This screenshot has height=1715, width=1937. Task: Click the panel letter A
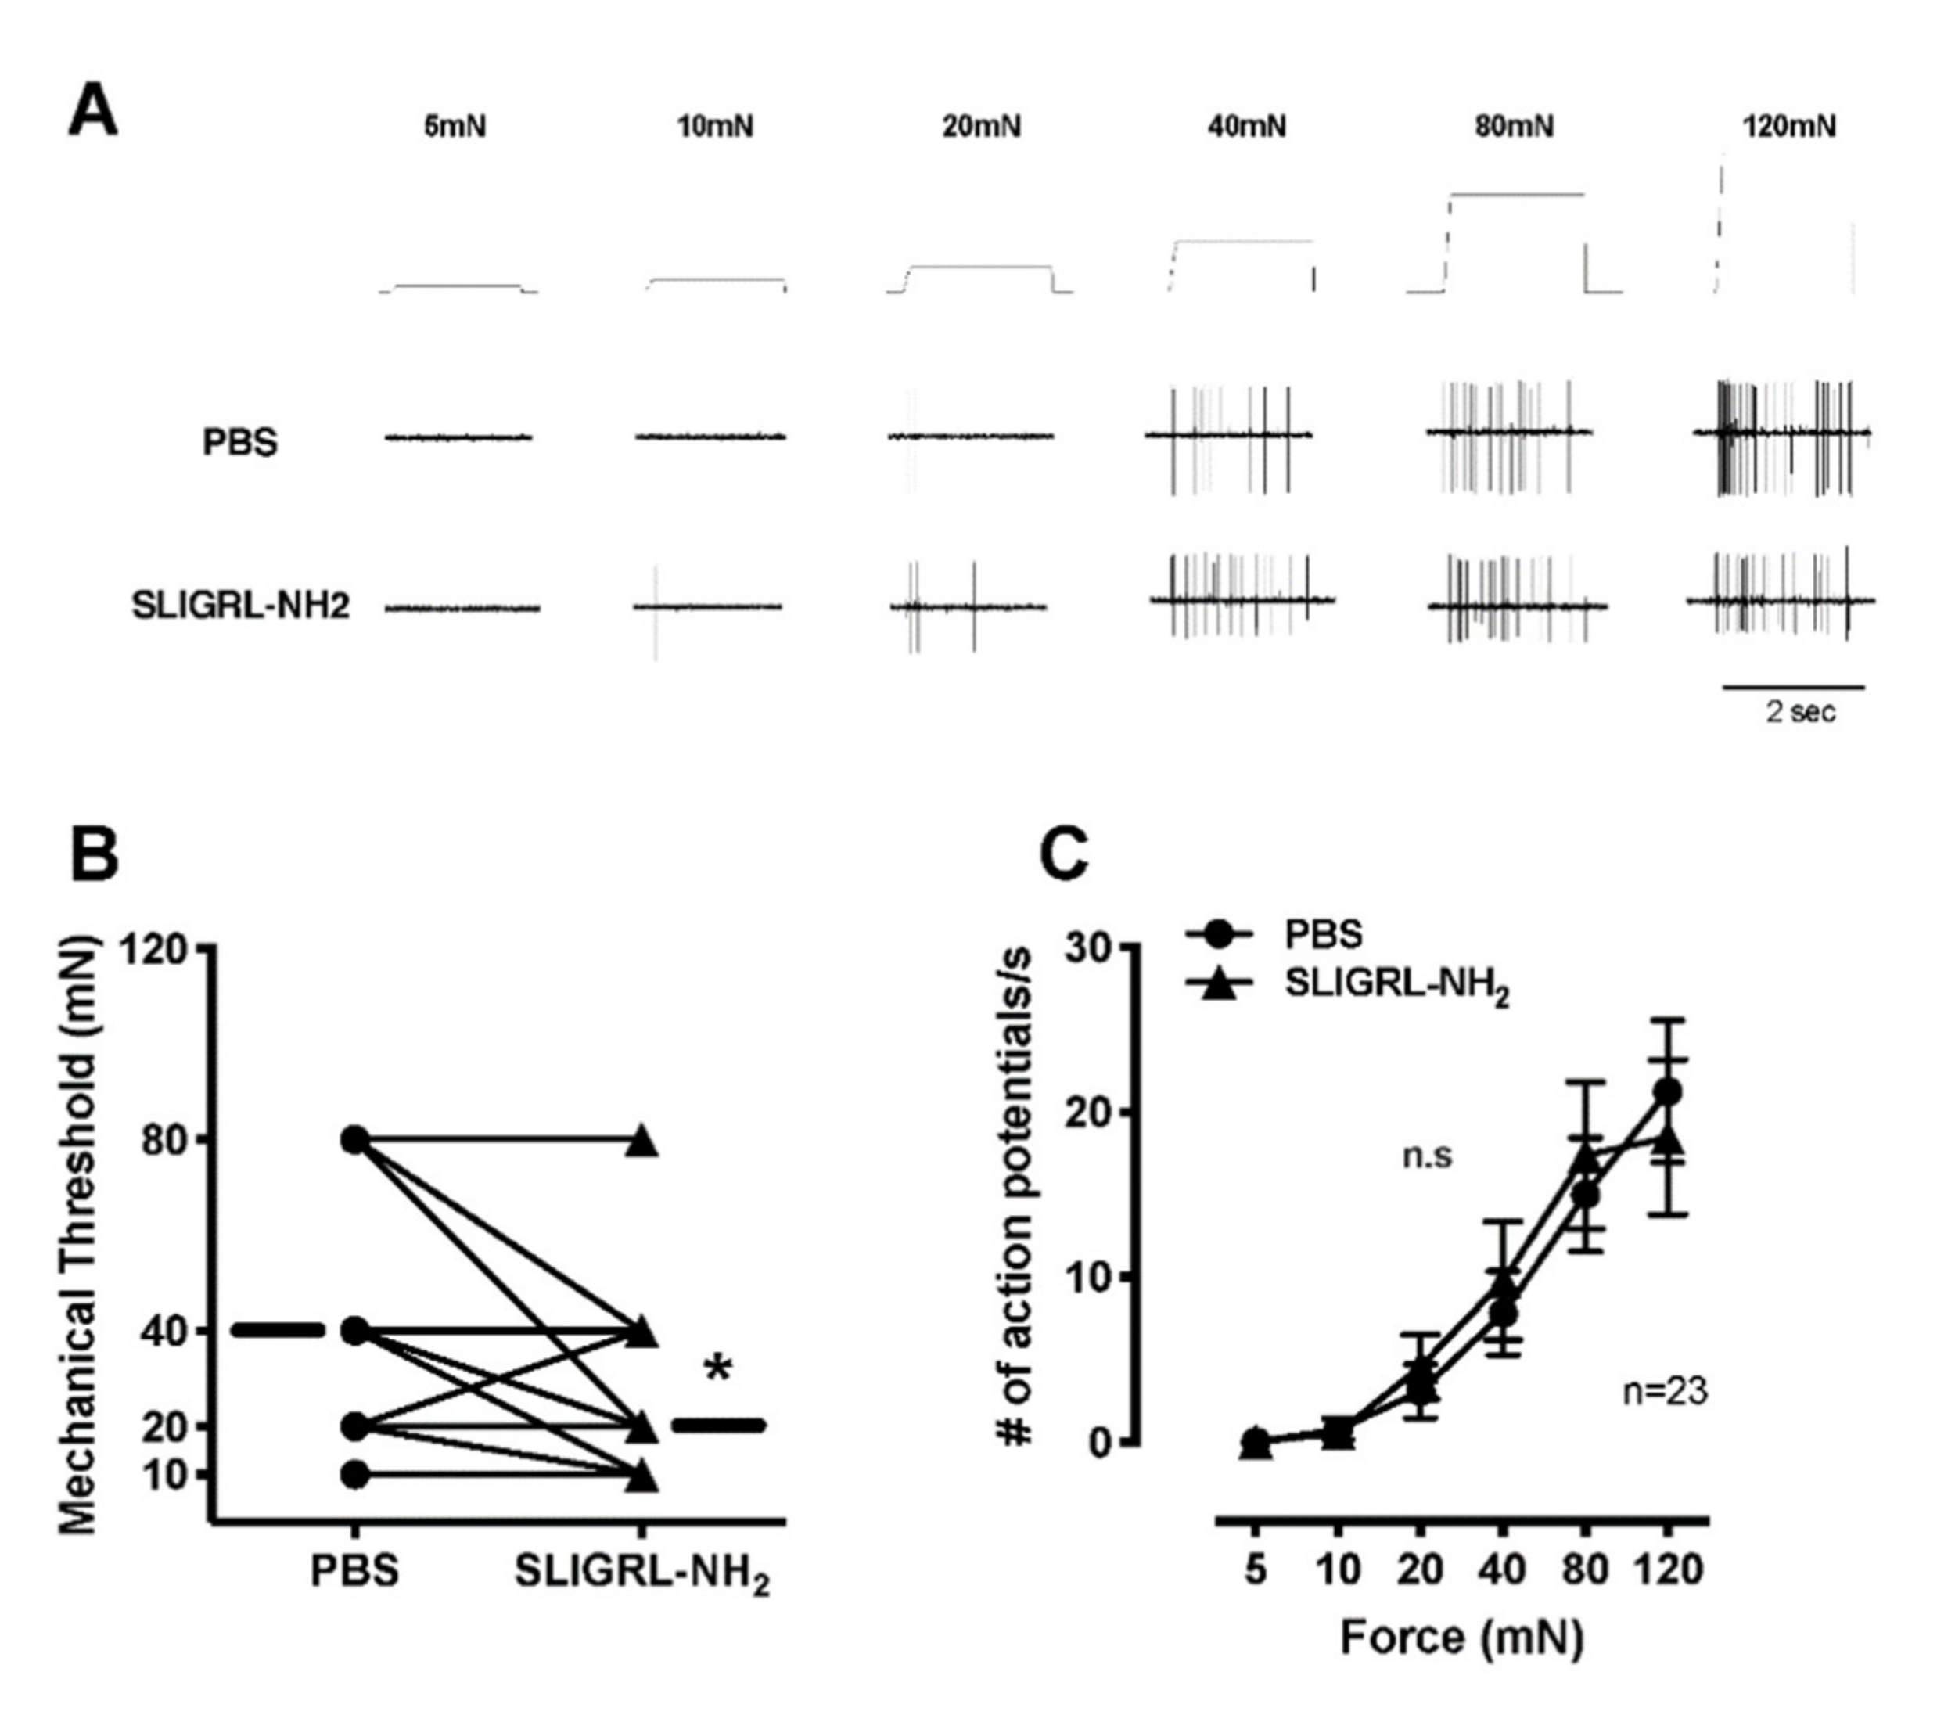[94, 112]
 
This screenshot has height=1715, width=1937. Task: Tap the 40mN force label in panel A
[1247, 126]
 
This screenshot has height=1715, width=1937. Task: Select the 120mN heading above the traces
[1788, 126]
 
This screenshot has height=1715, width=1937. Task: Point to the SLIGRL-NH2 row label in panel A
[241, 606]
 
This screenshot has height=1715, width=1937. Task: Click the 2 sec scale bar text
[1799, 711]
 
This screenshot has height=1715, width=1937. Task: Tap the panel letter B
[95, 854]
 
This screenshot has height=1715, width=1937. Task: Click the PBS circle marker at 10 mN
[355, 1474]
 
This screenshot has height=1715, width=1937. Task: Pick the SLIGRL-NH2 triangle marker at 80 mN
[642, 1142]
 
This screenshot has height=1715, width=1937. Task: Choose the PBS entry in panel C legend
[1323, 934]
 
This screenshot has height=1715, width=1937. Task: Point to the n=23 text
[1664, 1392]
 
